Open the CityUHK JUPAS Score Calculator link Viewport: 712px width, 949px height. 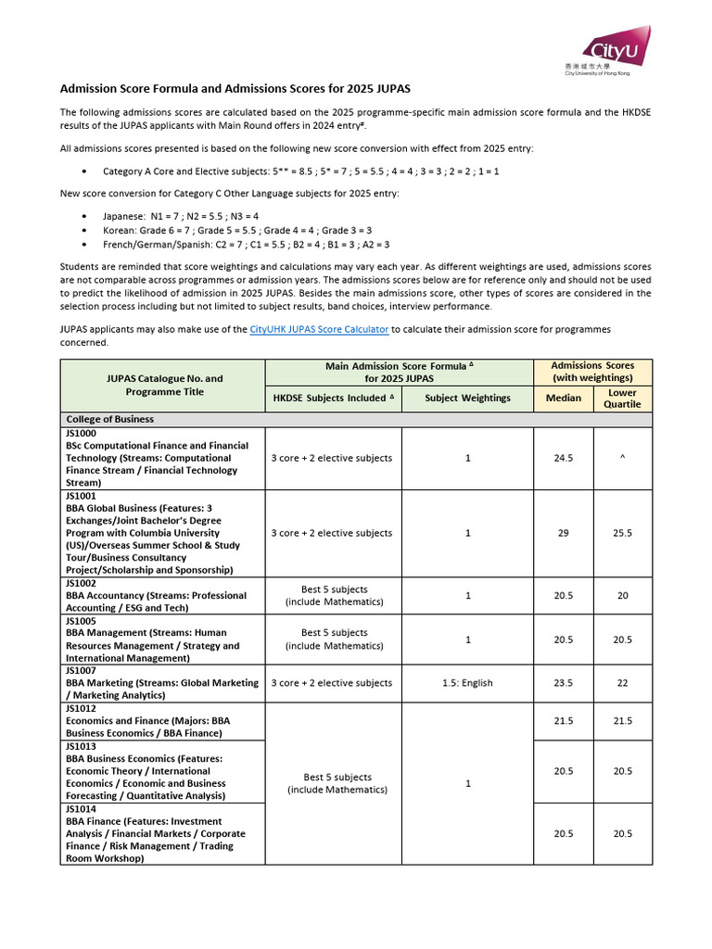(x=319, y=329)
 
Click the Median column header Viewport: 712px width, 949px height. (x=563, y=399)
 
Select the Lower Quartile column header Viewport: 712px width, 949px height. (x=622, y=399)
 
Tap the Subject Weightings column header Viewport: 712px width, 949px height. (x=467, y=399)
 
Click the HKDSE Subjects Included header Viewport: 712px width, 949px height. (x=333, y=399)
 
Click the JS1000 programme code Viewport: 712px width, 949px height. (x=80, y=433)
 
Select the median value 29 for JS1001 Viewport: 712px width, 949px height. (x=563, y=533)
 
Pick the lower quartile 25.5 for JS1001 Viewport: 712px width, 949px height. (x=623, y=533)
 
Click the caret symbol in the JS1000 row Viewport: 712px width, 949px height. (x=623, y=458)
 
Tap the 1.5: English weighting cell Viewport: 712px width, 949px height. (x=467, y=683)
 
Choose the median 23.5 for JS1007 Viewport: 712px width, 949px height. (x=563, y=683)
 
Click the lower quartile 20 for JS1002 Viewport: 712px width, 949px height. (x=623, y=596)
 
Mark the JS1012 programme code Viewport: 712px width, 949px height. (x=80, y=708)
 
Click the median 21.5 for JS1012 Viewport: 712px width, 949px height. (x=563, y=721)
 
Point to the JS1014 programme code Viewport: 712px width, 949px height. (x=80, y=809)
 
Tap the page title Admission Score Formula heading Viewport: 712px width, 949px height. (x=235, y=89)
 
